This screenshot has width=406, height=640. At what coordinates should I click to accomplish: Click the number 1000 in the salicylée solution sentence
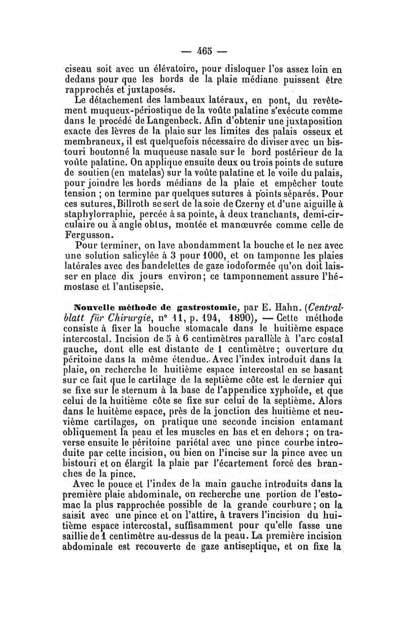click(211, 257)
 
